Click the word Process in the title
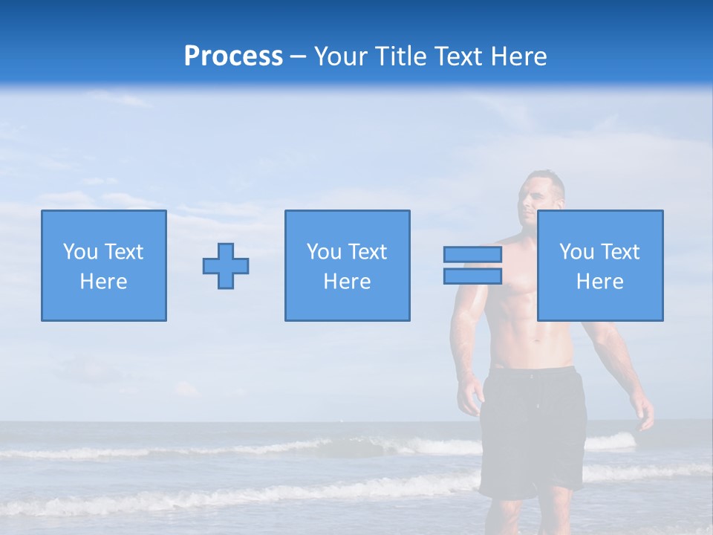(x=233, y=56)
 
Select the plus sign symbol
(x=226, y=266)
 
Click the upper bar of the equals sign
(x=472, y=255)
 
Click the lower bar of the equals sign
(x=472, y=276)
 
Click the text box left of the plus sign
(x=104, y=266)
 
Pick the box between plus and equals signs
(x=348, y=266)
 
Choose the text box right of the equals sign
(x=600, y=266)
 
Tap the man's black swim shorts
(x=532, y=431)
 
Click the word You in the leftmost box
(x=80, y=252)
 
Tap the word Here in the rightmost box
(x=600, y=282)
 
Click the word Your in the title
(x=341, y=56)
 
